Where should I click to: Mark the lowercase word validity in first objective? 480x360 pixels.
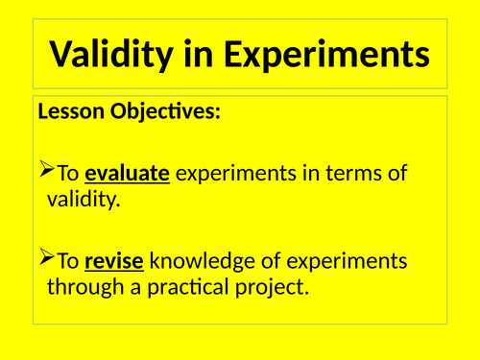click(x=84, y=200)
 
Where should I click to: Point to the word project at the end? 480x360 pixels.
click(x=276, y=287)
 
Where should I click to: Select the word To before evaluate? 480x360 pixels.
click(x=68, y=175)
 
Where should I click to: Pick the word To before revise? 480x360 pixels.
click(x=68, y=262)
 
